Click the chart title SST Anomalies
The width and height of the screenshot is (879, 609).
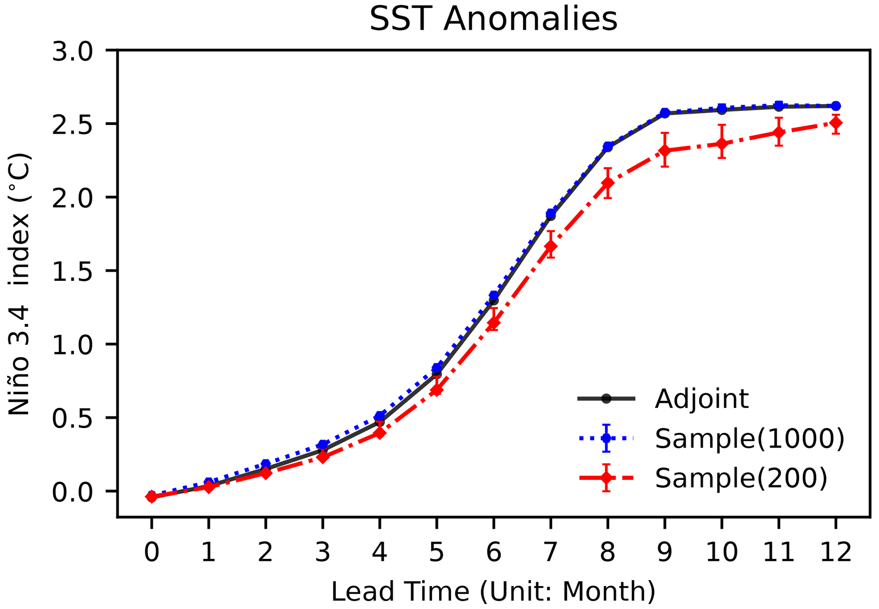tap(493, 20)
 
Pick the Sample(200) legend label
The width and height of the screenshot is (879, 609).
tap(741, 478)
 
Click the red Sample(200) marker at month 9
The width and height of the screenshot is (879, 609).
tap(665, 151)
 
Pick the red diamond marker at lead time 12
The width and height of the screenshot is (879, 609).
tap(836, 123)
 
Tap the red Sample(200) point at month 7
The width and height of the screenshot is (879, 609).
tap(551, 246)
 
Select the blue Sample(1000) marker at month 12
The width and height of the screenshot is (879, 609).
tap(836, 105)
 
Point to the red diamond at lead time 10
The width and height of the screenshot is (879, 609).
tap(722, 144)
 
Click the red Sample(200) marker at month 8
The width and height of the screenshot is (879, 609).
tap(608, 183)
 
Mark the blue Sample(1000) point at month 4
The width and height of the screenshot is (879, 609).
tap(380, 416)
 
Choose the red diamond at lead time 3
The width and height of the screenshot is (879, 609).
tap(323, 457)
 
